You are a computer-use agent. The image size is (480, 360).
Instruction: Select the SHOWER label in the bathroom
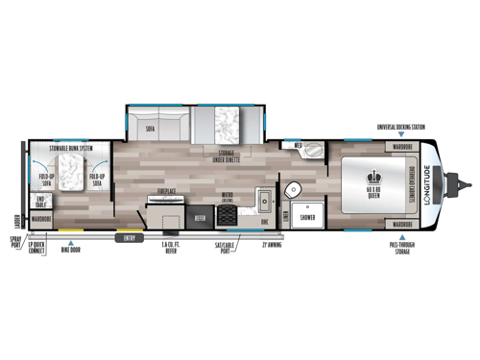tap(307, 218)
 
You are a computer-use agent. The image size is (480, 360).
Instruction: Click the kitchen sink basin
tap(262, 202)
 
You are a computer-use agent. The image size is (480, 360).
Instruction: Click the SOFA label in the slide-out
tap(151, 129)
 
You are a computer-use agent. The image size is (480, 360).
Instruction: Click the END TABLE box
tap(41, 201)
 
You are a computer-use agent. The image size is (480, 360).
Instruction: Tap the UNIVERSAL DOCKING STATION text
tap(401, 126)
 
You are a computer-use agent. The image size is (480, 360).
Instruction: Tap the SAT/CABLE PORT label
tap(227, 248)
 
